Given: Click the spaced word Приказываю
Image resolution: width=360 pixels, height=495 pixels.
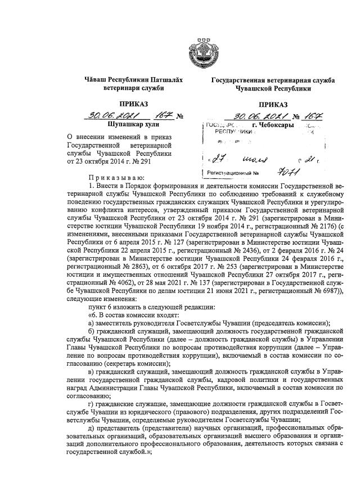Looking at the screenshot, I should point(111,178).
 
